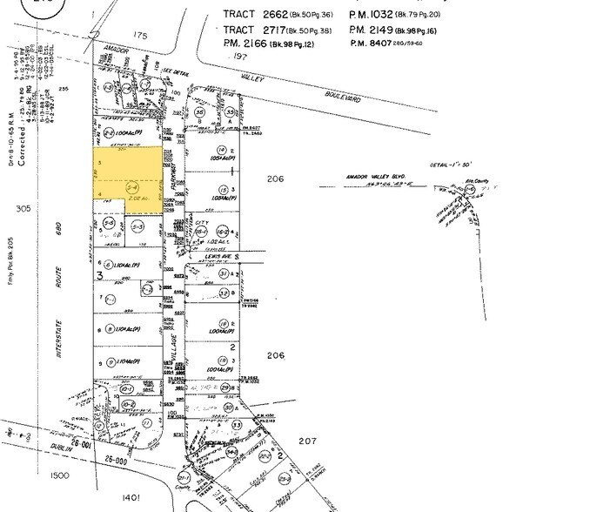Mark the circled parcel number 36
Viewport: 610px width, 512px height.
point(201,112)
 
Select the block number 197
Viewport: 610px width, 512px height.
point(241,55)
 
